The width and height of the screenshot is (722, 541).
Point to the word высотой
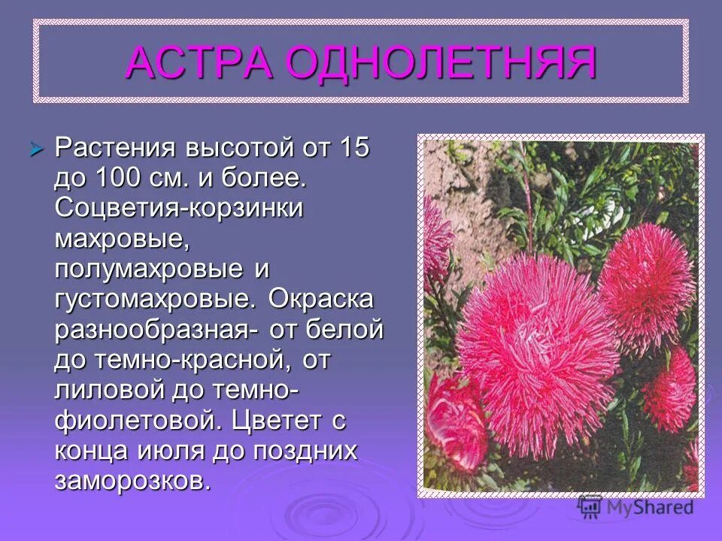(231, 148)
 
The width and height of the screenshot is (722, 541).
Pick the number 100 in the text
(119, 178)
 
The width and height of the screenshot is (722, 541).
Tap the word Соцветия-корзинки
(178, 208)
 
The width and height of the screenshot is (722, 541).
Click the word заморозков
(132, 479)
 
